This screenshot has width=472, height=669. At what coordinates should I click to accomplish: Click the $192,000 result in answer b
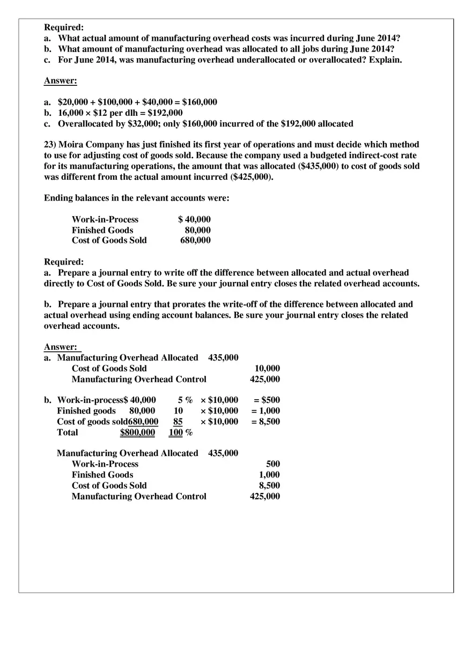[x=165, y=113]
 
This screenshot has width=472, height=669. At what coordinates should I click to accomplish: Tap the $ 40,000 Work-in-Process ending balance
[x=194, y=219]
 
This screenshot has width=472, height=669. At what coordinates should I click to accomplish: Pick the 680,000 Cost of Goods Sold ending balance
[x=195, y=240]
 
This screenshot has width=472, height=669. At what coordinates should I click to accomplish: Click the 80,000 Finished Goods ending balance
[x=197, y=230]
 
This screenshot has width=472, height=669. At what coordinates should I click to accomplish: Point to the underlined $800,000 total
[x=137, y=432]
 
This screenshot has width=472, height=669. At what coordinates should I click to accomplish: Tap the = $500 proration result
[x=267, y=400]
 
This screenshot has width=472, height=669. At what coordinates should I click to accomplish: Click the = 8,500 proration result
[x=265, y=422]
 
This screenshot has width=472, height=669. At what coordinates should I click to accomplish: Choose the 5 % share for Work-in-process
[x=185, y=400]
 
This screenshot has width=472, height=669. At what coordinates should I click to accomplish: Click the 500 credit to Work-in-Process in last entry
[x=273, y=464]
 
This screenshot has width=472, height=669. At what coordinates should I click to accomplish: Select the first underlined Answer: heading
[x=61, y=81]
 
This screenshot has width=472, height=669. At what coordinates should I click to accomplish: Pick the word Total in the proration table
[x=68, y=432]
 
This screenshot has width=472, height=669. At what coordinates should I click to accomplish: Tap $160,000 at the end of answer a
[x=200, y=102]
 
